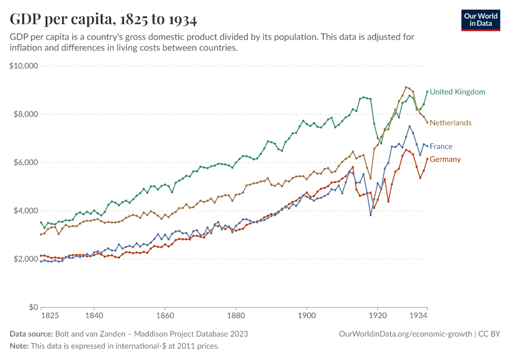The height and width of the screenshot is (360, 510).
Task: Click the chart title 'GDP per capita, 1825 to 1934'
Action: (x=103, y=20)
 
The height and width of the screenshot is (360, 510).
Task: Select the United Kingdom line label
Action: (x=457, y=92)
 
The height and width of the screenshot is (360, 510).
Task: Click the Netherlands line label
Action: (x=451, y=122)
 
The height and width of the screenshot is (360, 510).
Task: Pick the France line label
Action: (x=441, y=146)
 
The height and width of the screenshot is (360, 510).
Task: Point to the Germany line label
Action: (x=445, y=159)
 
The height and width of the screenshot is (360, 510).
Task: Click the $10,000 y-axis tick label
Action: (x=24, y=66)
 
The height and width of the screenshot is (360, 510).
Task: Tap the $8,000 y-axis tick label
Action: (x=26, y=114)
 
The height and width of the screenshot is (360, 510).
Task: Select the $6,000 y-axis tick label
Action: (x=26, y=163)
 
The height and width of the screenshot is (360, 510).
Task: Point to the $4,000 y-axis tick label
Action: (x=26, y=211)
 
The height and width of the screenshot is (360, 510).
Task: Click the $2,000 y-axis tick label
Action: (x=26, y=259)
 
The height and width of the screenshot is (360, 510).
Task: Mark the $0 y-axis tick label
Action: (x=34, y=307)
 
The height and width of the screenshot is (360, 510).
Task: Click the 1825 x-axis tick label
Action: (x=50, y=315)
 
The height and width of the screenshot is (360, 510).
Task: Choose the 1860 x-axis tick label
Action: (x=164, y=315)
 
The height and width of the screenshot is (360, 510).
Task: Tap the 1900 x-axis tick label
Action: (x=307, y=315)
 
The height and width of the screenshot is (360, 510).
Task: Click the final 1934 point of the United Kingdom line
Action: (x=427, y=92)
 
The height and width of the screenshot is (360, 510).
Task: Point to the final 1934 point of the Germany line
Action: (x=427, y=159)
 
